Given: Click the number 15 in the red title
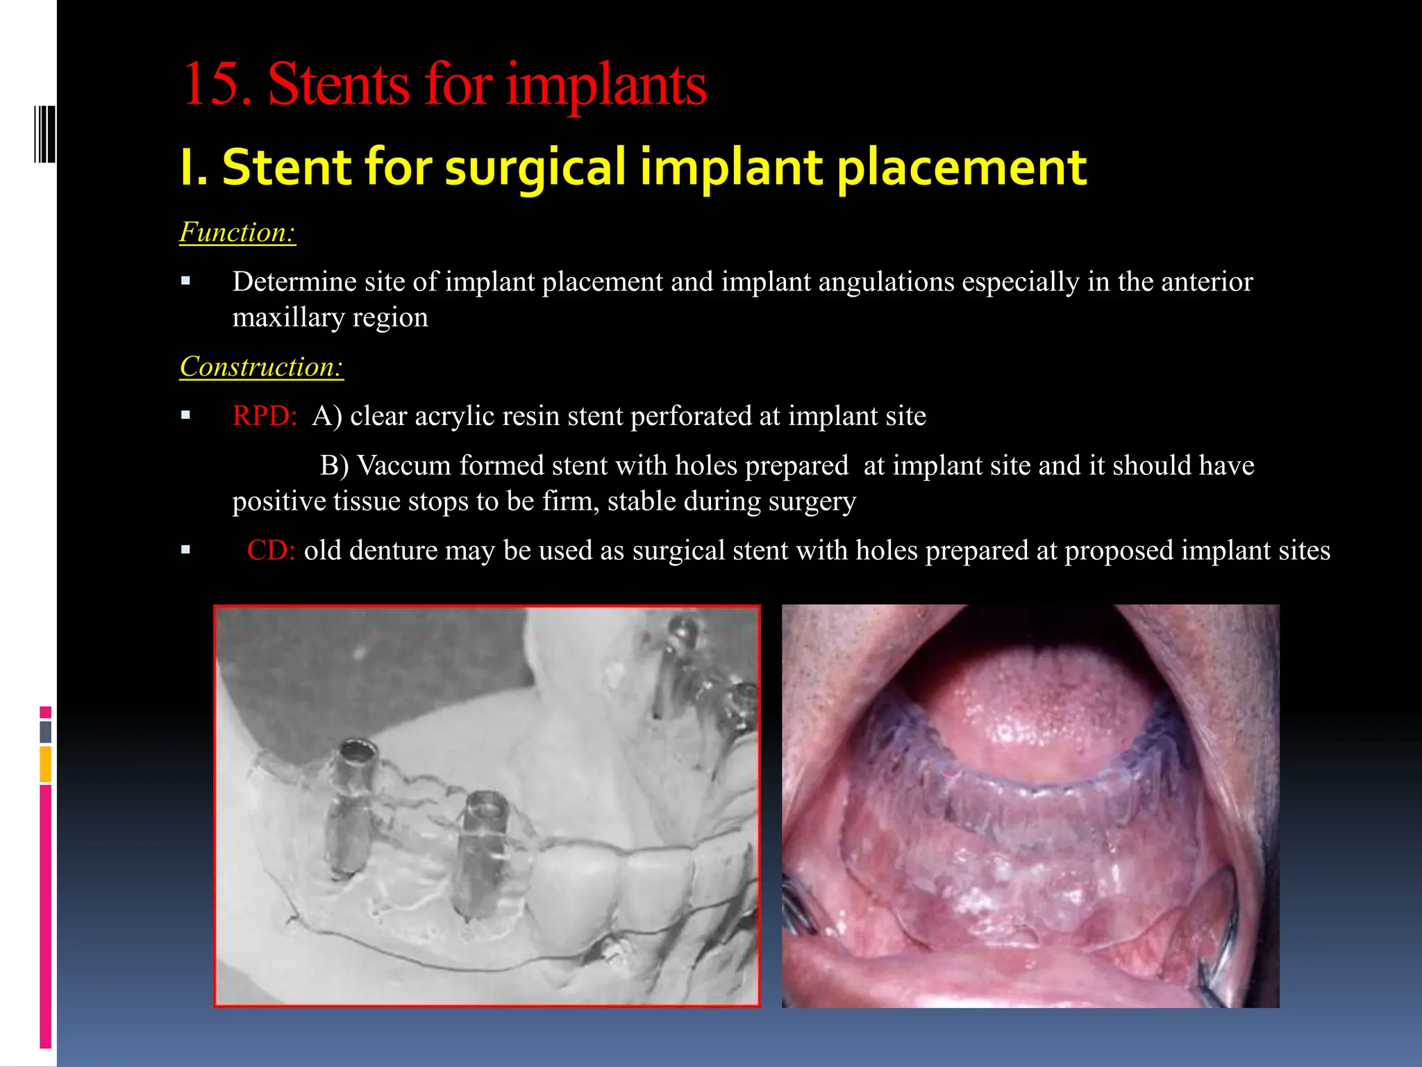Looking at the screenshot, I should pos(212,85).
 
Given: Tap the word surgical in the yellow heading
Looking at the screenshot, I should pos(535,167).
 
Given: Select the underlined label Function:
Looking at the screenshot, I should pos(237,232).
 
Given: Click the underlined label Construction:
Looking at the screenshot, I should pos(261,367).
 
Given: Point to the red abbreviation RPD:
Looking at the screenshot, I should pos(265,416).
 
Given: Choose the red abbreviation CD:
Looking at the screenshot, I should pos(271,550).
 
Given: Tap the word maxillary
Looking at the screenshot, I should pos(287,317).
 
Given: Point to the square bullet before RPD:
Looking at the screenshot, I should pos(185,415).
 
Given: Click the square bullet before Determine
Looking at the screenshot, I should pos(185,281).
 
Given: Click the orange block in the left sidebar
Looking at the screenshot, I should pos(46,763).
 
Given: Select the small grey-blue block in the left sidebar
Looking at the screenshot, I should pos(46,732).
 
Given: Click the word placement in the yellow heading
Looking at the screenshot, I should pos(961,167).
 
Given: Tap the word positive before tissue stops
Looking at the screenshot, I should pos(278,501).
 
